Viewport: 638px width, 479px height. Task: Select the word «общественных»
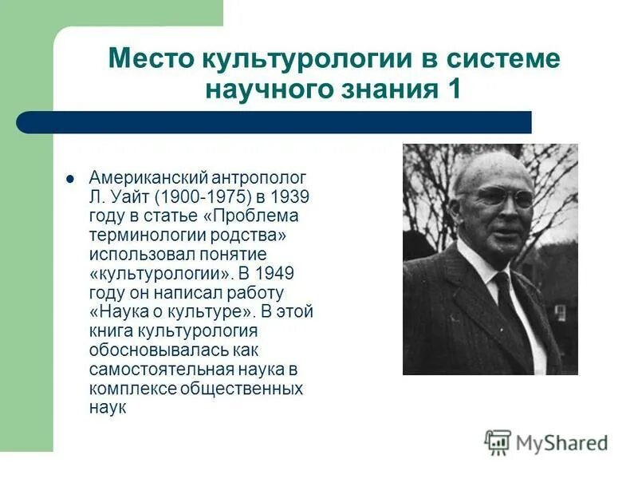tap(251, 389)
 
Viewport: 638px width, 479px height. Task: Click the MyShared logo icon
tap(498, 441)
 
